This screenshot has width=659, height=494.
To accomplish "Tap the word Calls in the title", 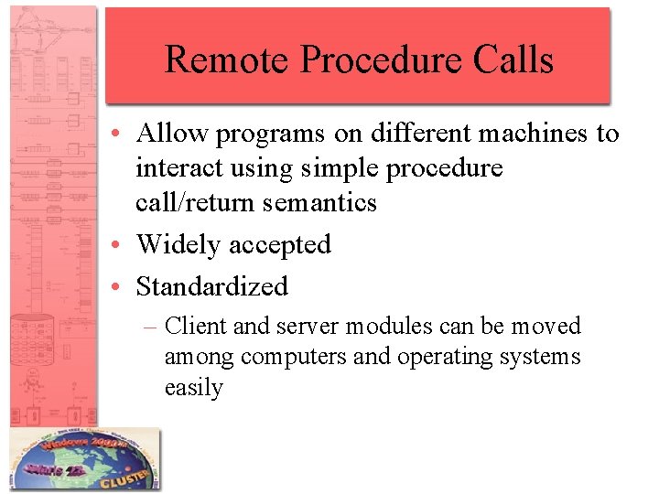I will click(x=519, y=59).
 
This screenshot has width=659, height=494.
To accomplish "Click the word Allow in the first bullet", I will click(x=171, y=134).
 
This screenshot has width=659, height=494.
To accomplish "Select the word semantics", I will click(x=320, y=201).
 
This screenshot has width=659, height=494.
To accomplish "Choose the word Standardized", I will click(x=211, y=286).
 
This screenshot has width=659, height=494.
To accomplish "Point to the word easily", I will click(x=193, y=388).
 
